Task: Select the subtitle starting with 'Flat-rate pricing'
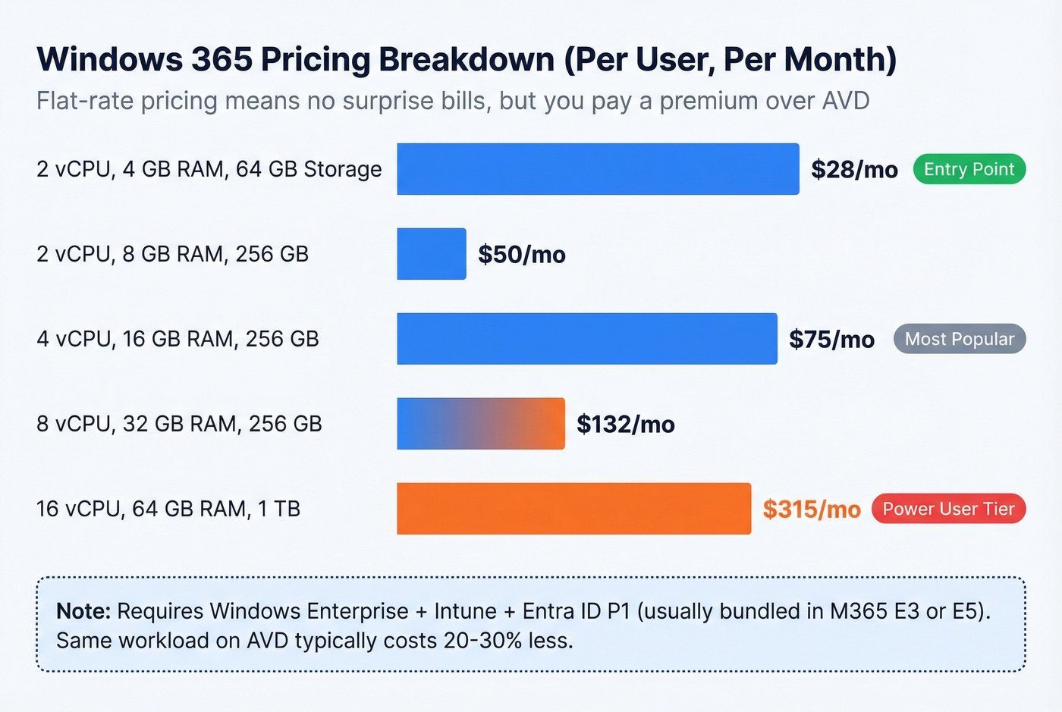tap(452, 101)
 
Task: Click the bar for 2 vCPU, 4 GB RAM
tap(598, 169)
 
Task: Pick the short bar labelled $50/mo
tap(431, 254)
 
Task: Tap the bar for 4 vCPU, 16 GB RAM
tap(586, 339)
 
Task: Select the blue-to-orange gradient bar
tap(480, 424)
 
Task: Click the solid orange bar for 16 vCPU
tap(573, 509)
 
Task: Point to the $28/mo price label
tap(854, 169)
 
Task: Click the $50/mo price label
tap(522, 254)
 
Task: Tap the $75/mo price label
tap(831, 339)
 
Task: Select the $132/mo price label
tap(625, 424)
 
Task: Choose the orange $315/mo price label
tap(812, 509)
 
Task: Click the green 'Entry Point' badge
tap(969, 169)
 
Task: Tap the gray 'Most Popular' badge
tap(959, 339)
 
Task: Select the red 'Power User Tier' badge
tap(948, 509)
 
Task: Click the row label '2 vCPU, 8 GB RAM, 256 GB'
tap(172, 254)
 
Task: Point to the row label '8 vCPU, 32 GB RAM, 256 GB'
tap(179, 424)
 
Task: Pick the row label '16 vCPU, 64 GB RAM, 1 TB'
tap(168, 509)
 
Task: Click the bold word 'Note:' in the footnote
tap(83, 611)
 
